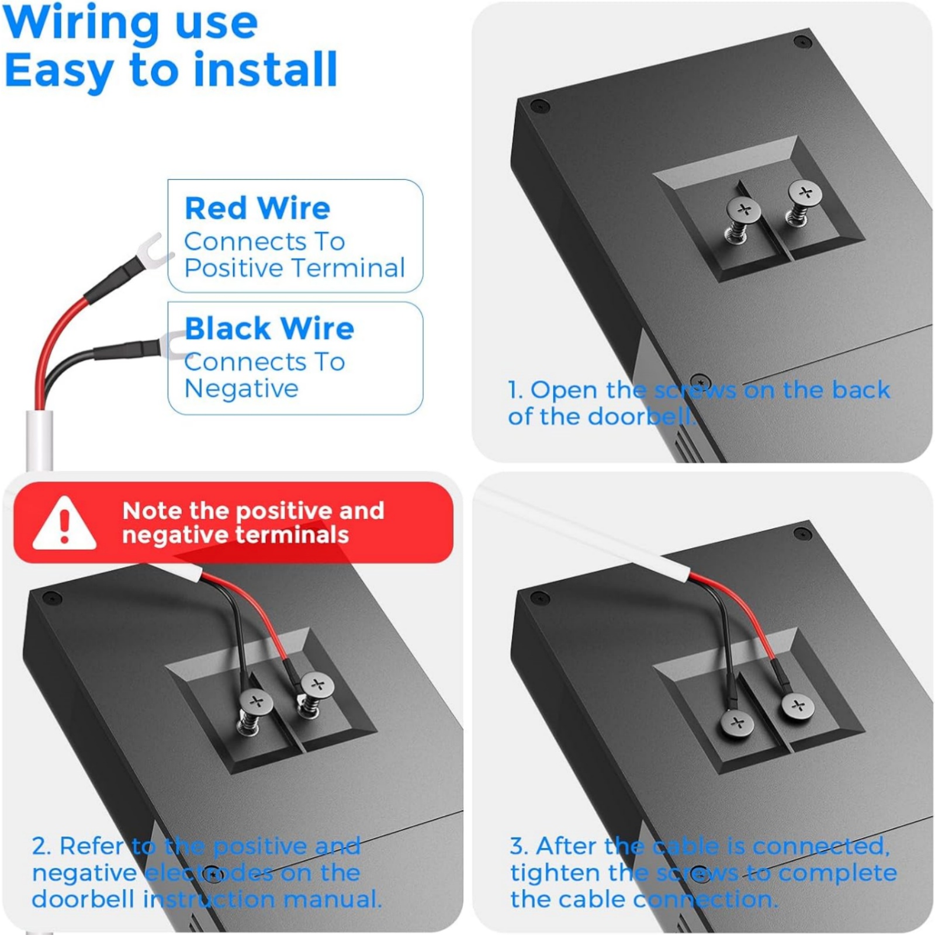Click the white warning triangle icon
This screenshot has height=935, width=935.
click(64, 524)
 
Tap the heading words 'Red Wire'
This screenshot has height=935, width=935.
click(258, 208)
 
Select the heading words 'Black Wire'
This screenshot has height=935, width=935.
click(269, 328)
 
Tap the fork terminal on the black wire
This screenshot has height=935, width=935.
click(171, 346)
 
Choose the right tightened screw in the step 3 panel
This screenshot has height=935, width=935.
click(798, 706)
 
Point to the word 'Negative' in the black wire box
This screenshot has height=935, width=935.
click(241, 389)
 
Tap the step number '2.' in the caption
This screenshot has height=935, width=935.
click(41, 846)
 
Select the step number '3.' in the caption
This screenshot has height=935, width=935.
click(520, 846)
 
